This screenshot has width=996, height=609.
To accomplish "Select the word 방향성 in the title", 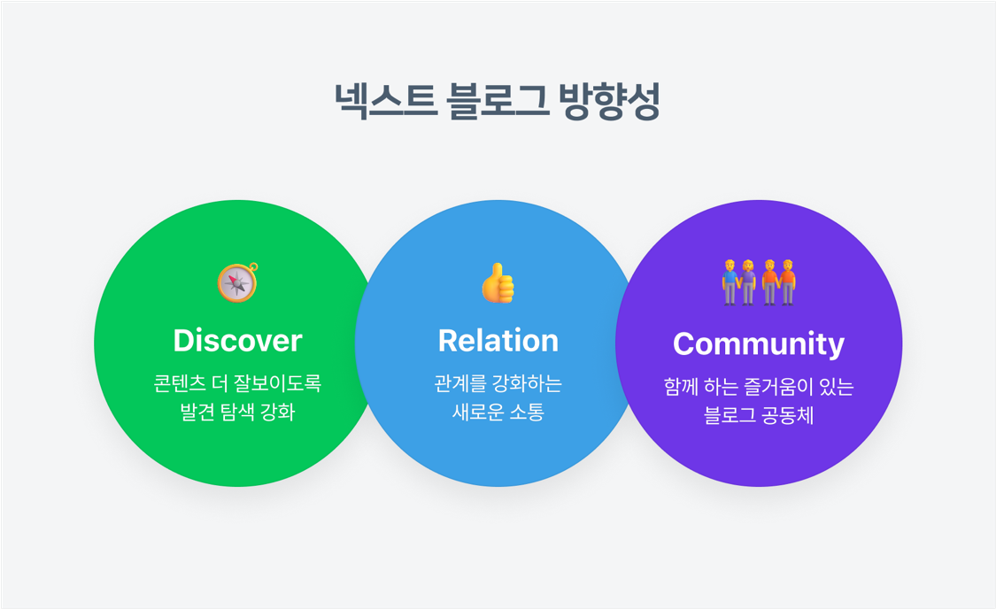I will click(x=610, y=101).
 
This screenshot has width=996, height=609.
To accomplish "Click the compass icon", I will click(x=237, y=282).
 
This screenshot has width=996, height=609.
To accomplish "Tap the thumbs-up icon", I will click(x=498, y=282).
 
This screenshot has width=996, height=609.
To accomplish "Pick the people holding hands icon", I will click(x=759, y=282).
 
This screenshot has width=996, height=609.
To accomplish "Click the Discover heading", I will click(x=237, y=341).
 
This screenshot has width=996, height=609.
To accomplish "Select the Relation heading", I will click(x=498, y=341).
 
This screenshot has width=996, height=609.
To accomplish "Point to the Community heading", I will click(x=759, y=343).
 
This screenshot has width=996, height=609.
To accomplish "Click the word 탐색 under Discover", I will click(x=237, y=412).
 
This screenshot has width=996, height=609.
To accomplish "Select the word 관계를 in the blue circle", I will click(x=457, y=383).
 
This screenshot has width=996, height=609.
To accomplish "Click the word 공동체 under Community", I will click(x=790, y=415).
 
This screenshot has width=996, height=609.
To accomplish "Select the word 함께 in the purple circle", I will click(x=681, y=387).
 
